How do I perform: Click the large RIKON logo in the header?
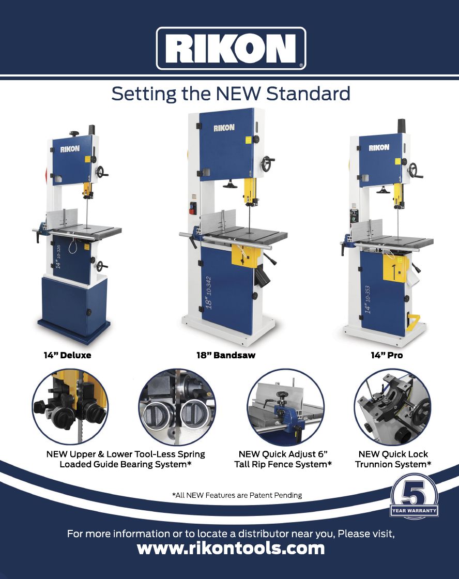pyautogui.click(x=231, y=49)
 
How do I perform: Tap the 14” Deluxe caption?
pyautogui.click(x=67, y=355)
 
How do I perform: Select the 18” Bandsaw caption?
pyautogui.click(x=226, y=355)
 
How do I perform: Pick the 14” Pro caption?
pyautogui.click(x=387, y=355)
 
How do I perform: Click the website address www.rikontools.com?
pyautogui.click(x=231, y=548)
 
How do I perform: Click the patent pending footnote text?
pyautogui.click(x=237, y=495)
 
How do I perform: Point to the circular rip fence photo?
pyautogui.click(x=285, y=406)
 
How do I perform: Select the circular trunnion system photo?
pyautogui.click(x=392, y=406)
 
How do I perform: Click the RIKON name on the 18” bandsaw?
pyautogui.click(x=224, y=128)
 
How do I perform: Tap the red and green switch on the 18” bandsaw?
pyautogui.click(x=193, y=208)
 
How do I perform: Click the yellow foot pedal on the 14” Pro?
pyautogui.click(x=412, y=321)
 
